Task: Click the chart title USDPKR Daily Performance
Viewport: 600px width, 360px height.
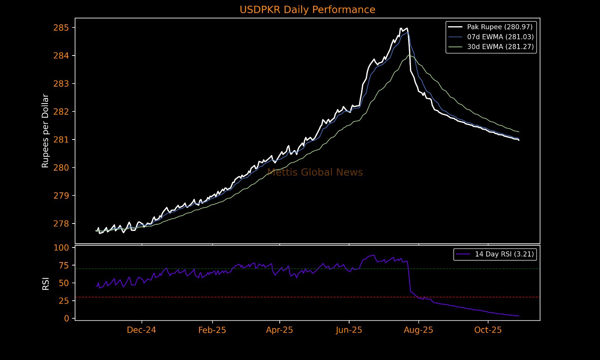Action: pyautogui.click(x=307, y=10)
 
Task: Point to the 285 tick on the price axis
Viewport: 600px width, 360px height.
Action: pyautogui.click(x=61, y=28)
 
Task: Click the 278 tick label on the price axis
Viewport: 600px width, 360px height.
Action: pyautogui.click(x=61, y=224)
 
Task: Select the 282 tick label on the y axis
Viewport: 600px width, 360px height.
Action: pyautogui.click(x=61, y=112)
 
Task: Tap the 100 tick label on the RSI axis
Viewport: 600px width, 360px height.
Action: pyautogui.click(x=61, y=247)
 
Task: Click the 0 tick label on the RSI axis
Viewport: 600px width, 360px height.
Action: pyautogui.click(x=67, y=318)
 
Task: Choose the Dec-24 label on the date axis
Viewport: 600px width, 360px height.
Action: pyautogui.click(x=141, y=330)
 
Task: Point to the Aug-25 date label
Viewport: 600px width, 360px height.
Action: pyautogui.click(x=418, y=330)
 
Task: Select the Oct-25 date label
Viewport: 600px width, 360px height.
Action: pyautogui.click(x=488, y=330)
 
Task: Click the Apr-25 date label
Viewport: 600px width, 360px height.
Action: pyautogui.click(x=279, y=330)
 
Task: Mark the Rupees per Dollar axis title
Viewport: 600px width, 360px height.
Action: pyautogui.click(x=45, y=130)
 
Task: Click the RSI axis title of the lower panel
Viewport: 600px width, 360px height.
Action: pyautogui.click(x=45, y=283)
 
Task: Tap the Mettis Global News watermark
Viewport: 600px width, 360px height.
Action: pyautogui.click(x=315, y=172)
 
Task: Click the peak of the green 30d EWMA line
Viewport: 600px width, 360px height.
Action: pyautogui.click(x=409, y=55)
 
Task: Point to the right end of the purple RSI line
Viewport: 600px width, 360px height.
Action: pyautogui.click(x=519, y=316)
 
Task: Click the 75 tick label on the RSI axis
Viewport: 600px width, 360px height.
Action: pyautogui.click(x=64, y=265)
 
